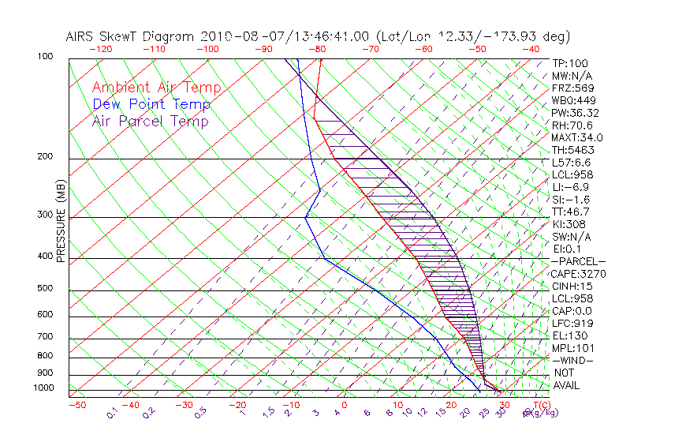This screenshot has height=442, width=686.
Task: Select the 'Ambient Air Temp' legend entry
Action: point(156,88)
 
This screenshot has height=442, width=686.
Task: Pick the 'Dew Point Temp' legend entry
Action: point(151,104)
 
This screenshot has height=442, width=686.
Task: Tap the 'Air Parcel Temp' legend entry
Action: point(150,121)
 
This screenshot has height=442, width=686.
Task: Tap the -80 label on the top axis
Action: point(318,49)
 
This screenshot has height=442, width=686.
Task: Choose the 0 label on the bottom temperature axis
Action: point(344,406)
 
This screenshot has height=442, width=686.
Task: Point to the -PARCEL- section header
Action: point(579,261)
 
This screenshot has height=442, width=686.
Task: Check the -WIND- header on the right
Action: point(573,360)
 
